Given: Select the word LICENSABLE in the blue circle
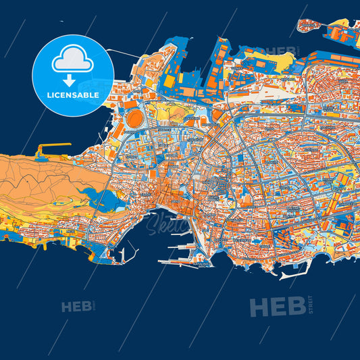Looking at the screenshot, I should [x=73, y=95].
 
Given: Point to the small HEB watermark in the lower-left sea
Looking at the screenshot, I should [x=76, y=307].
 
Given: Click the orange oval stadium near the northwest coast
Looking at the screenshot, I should [x=135, y=119].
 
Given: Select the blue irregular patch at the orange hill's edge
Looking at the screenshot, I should [x=101, y=200].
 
